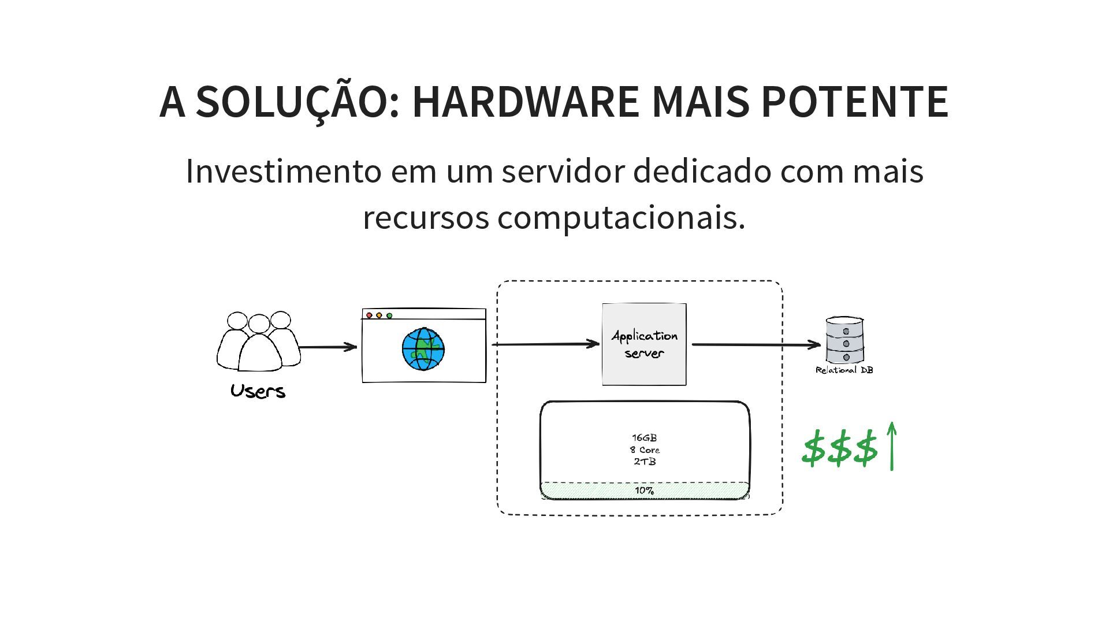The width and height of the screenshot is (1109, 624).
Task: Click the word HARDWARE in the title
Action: [x=525, y=102]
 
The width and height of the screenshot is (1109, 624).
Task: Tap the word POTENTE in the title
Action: [x=854, y=102]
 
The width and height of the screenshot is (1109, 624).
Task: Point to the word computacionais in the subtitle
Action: [x=621, y=218]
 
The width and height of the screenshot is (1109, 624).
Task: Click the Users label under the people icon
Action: [x=258, y=391]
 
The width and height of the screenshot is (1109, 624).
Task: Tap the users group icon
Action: [x=258, y=342]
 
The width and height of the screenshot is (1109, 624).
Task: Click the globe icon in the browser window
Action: [x=423, y=350]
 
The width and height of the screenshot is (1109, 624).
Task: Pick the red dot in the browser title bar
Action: [x=370, y=315]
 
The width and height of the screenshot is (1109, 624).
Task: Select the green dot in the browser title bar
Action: [x=389, y=315]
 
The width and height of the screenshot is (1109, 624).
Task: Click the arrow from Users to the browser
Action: [x=328, y=347]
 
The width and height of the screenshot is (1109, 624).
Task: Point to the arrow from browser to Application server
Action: [x=545, y=344]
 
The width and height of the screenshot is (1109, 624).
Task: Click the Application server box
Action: [x=644, y=344]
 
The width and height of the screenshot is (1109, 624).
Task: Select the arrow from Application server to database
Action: [x=756, y=345]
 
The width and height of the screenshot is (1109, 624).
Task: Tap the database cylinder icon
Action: [x=845, y=340]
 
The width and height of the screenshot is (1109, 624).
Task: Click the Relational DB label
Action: [x=844, y=370]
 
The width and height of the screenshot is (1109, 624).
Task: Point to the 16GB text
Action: [x=644, y=438]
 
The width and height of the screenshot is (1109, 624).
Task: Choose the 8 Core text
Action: [x=645, y=450]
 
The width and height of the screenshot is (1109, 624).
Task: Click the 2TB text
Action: [x=645, y=462]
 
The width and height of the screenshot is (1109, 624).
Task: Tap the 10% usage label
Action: [x=645, y=491]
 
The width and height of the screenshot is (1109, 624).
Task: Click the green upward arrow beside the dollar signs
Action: [x=892, y=445]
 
